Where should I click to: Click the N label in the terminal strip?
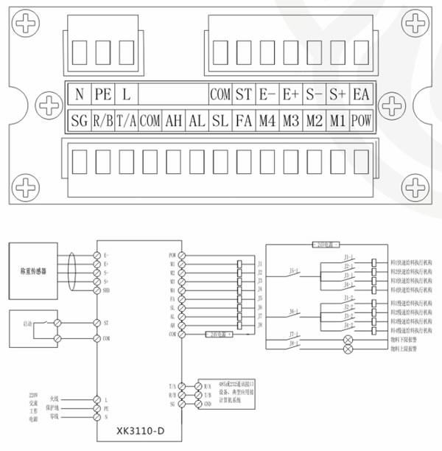pos(78,95)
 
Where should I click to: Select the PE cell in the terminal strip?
pos(102,95)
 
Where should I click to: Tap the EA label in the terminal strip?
pos(360,95)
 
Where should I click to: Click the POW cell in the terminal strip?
pos(360,120)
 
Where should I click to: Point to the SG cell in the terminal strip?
pos(78,120)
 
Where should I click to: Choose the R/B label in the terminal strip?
pos(102,120)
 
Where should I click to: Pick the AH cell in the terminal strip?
pos(173,120)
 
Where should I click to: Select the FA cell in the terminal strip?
pos(244,120)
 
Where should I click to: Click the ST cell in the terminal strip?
pos(244,95)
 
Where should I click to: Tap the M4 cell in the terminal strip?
pos(267,120)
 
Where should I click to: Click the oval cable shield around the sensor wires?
pos(72,270)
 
